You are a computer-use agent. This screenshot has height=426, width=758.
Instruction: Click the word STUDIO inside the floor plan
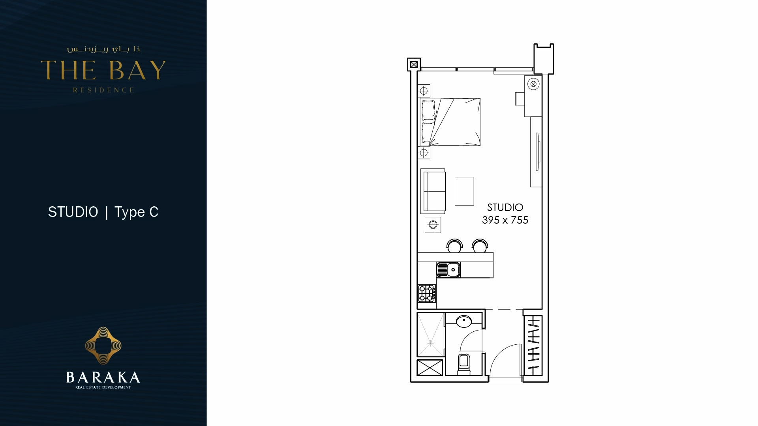pyautogui.click(x=505, y=207)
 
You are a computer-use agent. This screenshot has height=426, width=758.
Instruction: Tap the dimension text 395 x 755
pyautogui.click(x=505, y=220)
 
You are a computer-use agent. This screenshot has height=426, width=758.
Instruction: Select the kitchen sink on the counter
pyautogui.click(x=448, y=270)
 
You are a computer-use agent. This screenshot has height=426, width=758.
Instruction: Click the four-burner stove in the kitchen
pyautogui.click(x=426, y=293)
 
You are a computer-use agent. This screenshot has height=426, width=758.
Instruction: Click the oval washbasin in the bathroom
pyautogui.click(x=464, y=321)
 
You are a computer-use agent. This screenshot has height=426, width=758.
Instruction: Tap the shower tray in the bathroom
pyautogui.click(x=431, y=335)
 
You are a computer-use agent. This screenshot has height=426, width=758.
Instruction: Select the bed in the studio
pyautogui.click(x=450, y=122)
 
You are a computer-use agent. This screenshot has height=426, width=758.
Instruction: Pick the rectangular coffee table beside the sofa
pyautogui.click(x=464, y=191)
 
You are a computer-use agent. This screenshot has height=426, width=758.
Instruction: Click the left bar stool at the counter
pyautogui.click(x=454, y=246)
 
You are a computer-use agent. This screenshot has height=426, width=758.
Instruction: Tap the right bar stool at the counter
pyautogui.click(x=480, y=246)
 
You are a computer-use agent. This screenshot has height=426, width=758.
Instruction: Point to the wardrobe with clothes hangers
pyautogui.click(x=533, y=346)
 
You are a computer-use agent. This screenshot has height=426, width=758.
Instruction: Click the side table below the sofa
pyautogui.click(x=433, y=225)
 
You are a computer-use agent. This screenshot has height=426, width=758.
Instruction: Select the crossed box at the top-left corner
pyautogui.click(x=414, y=64)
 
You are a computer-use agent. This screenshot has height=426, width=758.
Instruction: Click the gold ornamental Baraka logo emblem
pyautogui.click(x=103, y=346)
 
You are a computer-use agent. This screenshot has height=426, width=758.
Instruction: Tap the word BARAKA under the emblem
pyautogui.click(x=103, y=377)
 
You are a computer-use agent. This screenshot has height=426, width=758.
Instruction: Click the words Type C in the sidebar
pyautogui.click(x=136, y=212)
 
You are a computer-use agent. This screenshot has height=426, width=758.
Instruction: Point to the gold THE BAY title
pyautogui.click(x=103, y=70)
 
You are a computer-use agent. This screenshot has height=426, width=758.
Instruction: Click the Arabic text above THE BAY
pyautogui.click(x=103, y=49)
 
